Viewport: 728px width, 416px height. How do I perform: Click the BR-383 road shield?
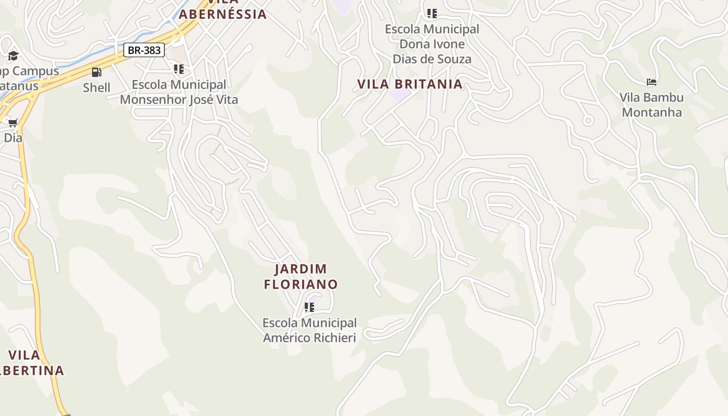tap(144, 50)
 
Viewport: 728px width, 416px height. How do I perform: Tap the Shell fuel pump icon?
tap(96, 72)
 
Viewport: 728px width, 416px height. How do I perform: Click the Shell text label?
tap(97, 87)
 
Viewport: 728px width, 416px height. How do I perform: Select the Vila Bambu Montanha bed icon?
tap(652, 82)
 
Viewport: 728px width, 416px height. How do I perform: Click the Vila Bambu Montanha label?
tap(652, 105)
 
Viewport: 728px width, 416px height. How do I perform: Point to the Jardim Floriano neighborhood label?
tap(301, 277)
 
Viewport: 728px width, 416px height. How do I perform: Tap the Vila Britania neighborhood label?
tap(410, 84)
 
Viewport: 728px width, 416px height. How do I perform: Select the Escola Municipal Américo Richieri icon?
tap(309, 307)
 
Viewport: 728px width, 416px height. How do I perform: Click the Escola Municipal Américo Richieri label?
tap(309, 330)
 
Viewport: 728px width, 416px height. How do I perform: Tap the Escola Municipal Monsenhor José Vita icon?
tap(179, 69)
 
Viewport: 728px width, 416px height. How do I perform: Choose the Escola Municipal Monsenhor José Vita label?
tap(179, 92)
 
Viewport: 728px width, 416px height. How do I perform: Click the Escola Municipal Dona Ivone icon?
tap(432, 13)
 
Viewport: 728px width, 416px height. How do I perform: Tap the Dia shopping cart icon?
tap(13, 123)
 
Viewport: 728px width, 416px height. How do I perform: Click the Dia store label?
tap(13, 138)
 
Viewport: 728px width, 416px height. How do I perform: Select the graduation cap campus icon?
tap(13, 56)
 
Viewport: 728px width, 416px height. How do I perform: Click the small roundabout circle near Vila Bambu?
tap(588, 121)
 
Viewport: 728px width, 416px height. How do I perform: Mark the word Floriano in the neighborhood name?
tap(301, 284)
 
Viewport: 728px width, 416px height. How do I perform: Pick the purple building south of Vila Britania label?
tap(399, 95)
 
